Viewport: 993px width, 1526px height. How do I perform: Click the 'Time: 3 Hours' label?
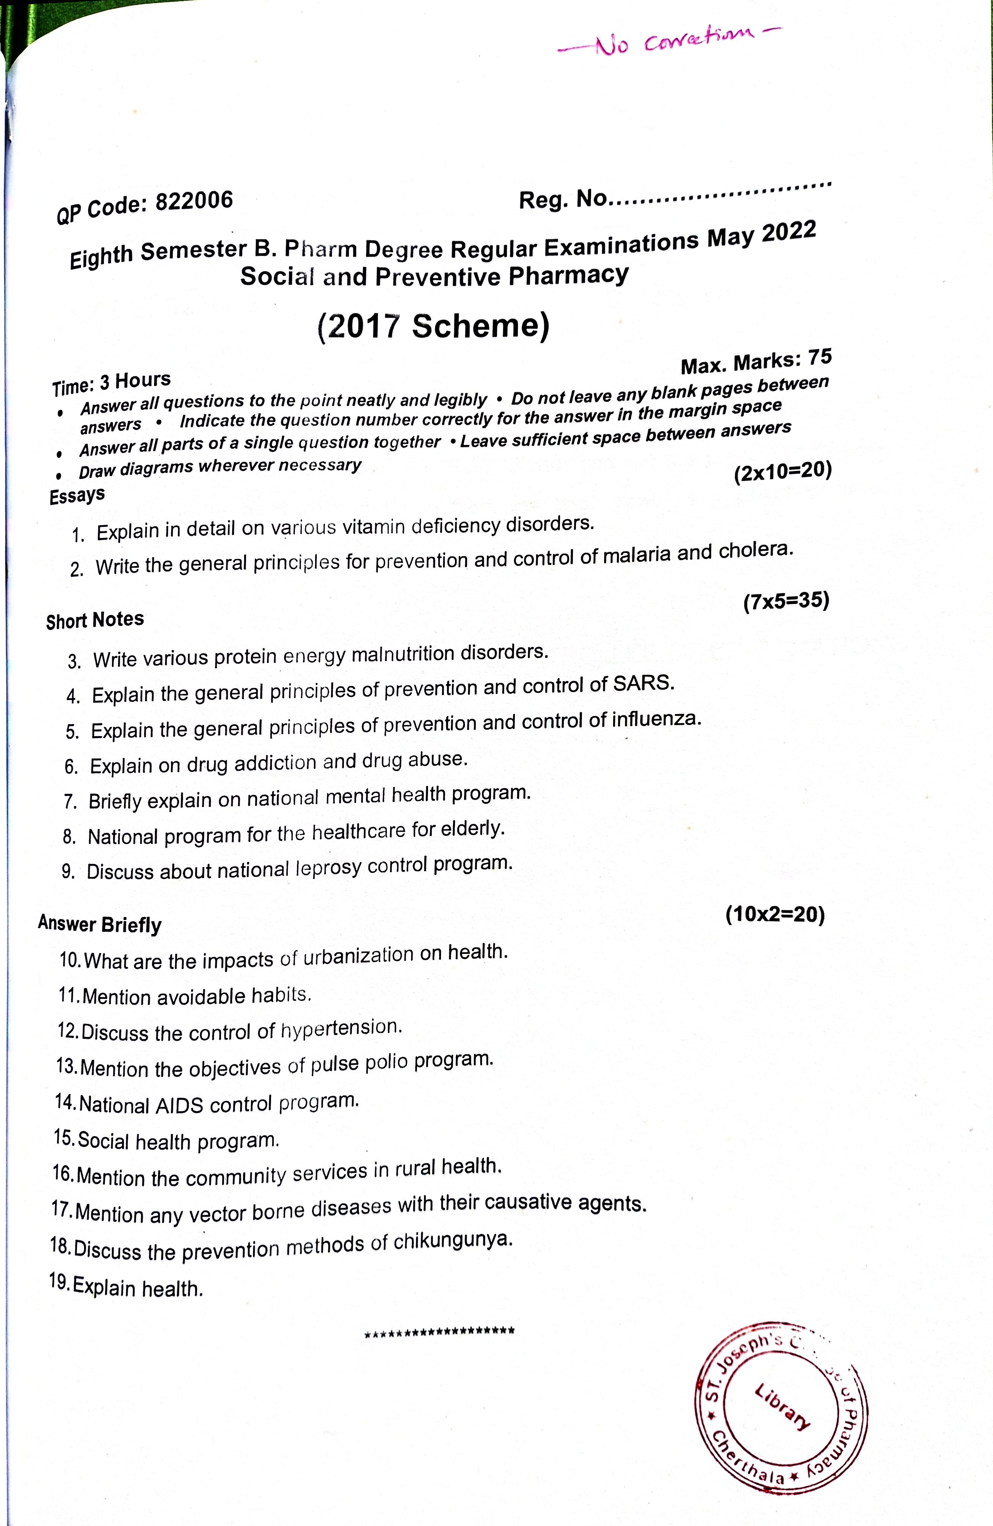[111, 383]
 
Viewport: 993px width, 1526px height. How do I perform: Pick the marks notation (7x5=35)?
[786, 601]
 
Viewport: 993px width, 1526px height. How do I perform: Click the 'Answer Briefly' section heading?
[99, 924]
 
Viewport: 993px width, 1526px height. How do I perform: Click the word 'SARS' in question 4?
[643, 683]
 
